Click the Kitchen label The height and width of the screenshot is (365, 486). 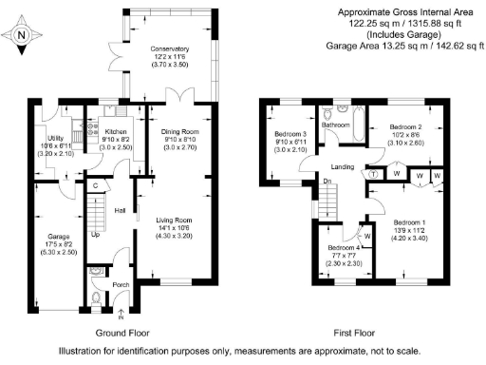point(116,133)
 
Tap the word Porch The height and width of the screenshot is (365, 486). point(121,283)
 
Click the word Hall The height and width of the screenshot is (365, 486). point(121,211)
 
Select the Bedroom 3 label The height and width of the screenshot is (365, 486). point(291,133)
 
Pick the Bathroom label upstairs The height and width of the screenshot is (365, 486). point(335,124)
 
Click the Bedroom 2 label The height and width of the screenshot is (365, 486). point(405,126)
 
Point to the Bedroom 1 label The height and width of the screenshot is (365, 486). point(410,221)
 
